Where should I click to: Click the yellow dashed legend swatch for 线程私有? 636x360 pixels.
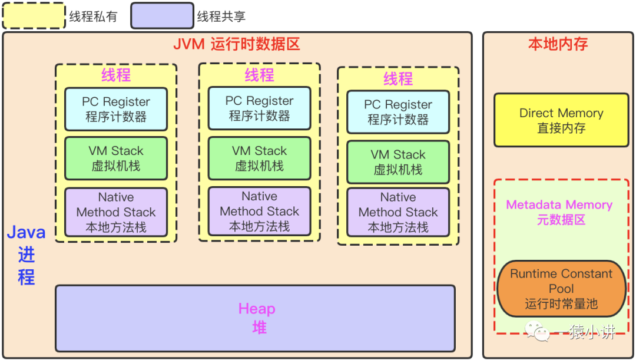(34, 16)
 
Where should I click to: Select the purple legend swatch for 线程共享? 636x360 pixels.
(163, 16)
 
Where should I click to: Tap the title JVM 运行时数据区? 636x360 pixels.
(237, 44)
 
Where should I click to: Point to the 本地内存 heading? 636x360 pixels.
(558, 44)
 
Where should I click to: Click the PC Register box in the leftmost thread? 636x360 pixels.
(116, 109)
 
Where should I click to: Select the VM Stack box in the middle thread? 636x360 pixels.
(260, 158)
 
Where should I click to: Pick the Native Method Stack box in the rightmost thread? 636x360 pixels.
(398, 212)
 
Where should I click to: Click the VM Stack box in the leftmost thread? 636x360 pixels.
(116, 158)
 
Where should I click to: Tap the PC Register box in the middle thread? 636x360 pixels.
(260, 108)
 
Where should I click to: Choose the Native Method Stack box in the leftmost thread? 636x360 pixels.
(116, 212)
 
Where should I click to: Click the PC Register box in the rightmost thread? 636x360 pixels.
(398, 112)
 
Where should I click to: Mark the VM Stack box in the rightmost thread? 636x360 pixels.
(398, 162)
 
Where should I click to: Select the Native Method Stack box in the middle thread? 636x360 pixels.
(260, 212)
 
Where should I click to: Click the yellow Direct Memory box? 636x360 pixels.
(561, 120)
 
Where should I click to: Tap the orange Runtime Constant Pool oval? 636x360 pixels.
(561, 289)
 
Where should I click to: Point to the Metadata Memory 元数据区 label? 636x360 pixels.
(560, 212)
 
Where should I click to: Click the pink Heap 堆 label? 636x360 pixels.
(257, 318)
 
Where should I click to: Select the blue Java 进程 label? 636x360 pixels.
(26, 255)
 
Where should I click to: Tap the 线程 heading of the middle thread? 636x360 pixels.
(260, 75)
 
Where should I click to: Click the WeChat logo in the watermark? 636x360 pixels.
(537, 331)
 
